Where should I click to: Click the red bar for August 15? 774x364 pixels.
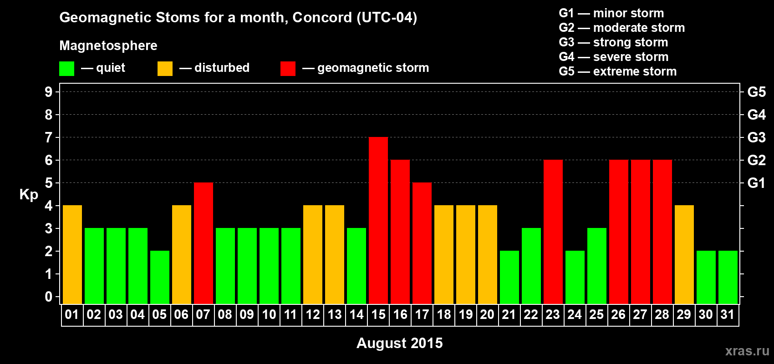click(x=378, y=220)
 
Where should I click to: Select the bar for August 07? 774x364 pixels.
click(x=204, y=243)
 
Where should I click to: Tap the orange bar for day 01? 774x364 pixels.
click(x=72, y=254)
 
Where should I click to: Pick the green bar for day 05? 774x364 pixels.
click(x=160, y=277)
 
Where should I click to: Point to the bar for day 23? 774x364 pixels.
click(x=553, y=232)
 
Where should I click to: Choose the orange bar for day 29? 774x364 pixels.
click(x=684, y=254)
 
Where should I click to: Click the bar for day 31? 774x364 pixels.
click(x=728, y=277)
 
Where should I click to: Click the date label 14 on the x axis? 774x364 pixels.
click(x=356, y=314)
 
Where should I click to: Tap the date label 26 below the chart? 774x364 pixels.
click(x=618, y=314)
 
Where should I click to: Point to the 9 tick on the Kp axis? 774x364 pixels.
click(x=49, y=92)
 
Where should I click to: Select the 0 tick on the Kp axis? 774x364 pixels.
click(x=49, y=297)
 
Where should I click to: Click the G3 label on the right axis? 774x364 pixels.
click(x=756, y=137)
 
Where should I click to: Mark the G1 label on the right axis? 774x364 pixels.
click(x=756, y=183)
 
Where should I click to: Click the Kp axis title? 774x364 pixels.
click(x=29, y=195)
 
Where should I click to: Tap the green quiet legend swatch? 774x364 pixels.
click(x=66, y=68)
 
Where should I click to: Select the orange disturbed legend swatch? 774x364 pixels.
click(x=165, y=68)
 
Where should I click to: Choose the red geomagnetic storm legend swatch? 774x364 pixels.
click(x=288, y=68)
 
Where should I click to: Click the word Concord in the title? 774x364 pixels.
click(x=322, y=18)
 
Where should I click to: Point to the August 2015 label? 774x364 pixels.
click(x=399, y=343)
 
